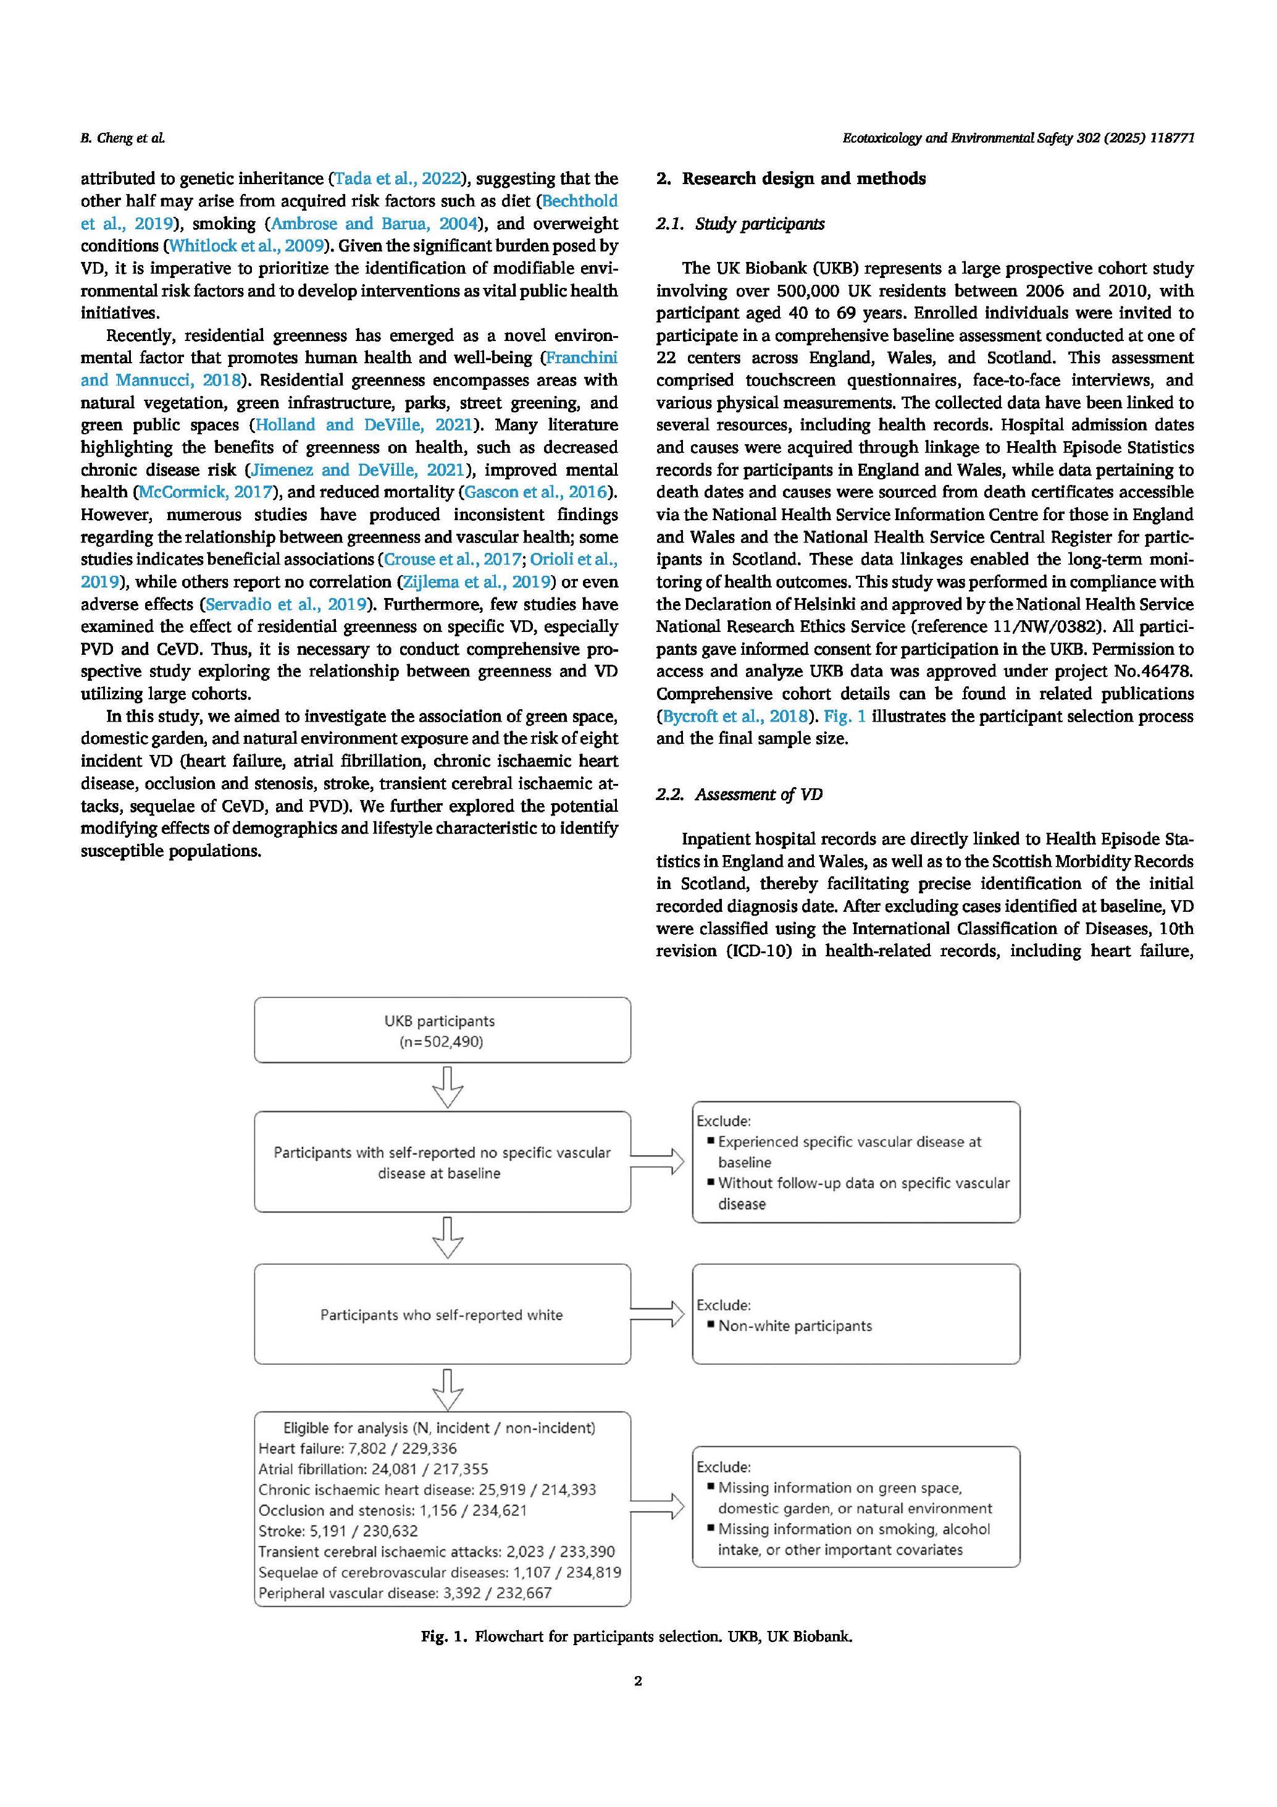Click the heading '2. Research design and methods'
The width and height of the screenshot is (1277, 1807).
tap(791, 179)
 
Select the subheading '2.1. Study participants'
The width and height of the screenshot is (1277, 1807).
tap(740, 224)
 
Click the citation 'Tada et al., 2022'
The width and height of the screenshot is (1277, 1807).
tap(397, 179)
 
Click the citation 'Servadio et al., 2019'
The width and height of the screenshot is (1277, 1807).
tap(287, 604)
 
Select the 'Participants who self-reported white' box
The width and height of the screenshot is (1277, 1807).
tap(442, 1315)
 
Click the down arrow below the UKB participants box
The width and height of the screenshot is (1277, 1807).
tap(448, 1087)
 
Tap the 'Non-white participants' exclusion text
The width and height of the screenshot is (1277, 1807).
tap(795, 1326)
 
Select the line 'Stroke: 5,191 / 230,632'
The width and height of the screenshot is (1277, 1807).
tap(338, 1531)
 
